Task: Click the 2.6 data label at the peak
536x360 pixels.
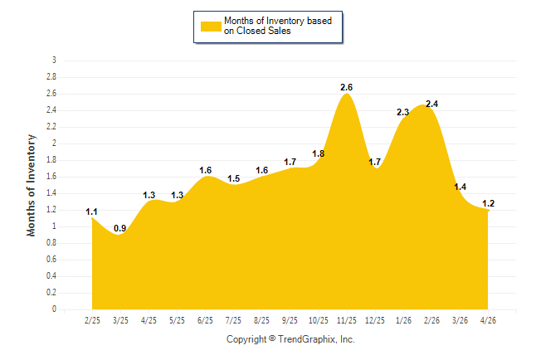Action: [x=346, y=88]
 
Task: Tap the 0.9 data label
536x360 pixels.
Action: [x=120, y=228]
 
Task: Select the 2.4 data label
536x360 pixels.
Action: [x=431, y=104]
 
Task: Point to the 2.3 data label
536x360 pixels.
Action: [x=402, y=112]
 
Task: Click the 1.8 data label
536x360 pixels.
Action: [x=319, y=153]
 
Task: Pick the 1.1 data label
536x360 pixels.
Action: [x=91, y=212]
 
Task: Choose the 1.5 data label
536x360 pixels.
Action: [x=234, y=179]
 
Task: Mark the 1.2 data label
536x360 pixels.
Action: [x=488, y=204]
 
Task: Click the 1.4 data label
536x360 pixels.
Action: [x=460, y=187]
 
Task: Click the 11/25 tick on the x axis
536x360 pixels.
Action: [x=347, y=321]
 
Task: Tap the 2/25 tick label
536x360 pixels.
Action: [x=92, y=321]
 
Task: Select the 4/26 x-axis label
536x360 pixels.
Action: [x=488, y=321]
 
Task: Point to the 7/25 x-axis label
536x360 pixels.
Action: [x=233, y=321]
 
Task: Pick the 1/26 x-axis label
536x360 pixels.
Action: [x=403, y=321]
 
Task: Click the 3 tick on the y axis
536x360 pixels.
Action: [x=54, y=61]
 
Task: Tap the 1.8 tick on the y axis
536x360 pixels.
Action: [x=51, y=160]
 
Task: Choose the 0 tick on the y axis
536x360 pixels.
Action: [x=54, y=309]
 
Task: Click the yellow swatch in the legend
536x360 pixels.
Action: [x=211, y=27]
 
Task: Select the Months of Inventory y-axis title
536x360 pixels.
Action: [x=31, y=185]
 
